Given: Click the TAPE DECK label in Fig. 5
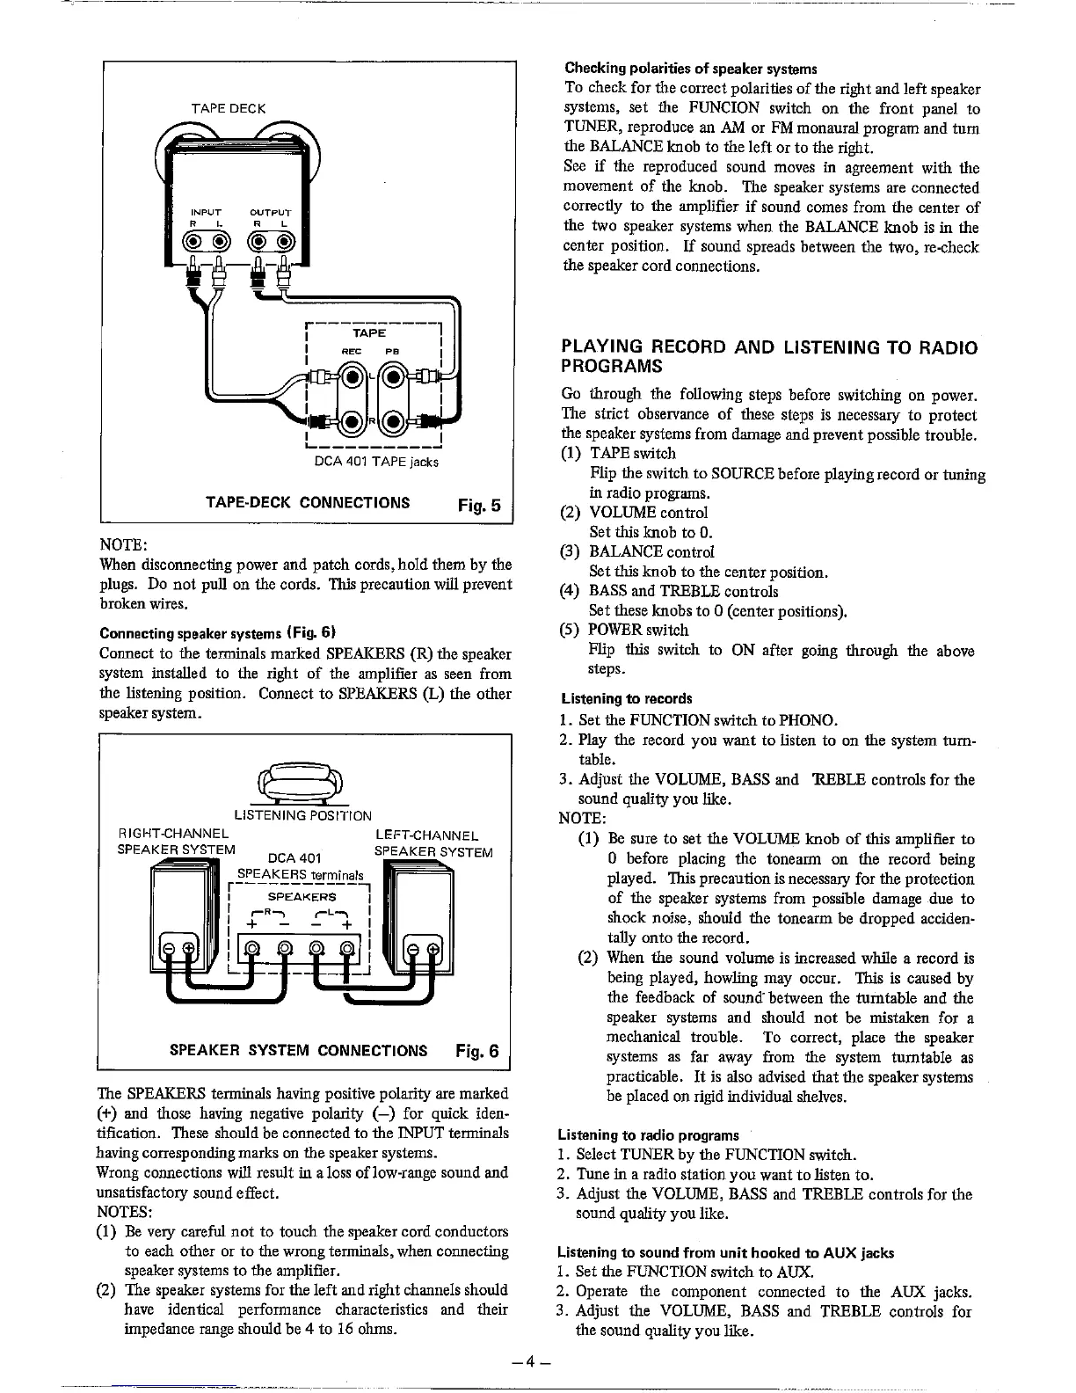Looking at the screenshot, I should pos(229,108).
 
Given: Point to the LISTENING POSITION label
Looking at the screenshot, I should pos(302,815).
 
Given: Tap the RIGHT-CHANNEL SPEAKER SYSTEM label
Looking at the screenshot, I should pos(176,842).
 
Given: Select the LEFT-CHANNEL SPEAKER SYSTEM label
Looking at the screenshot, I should pos(433,843).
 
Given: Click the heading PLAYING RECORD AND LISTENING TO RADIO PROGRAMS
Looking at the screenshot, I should pos(769,356).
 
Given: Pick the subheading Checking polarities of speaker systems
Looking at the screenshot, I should pos(691,69).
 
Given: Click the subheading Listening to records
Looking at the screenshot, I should pos(627,699).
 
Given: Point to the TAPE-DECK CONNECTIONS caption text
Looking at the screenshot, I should pos(307,503).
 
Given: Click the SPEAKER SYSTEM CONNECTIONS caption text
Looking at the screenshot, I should pos(298,1051).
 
